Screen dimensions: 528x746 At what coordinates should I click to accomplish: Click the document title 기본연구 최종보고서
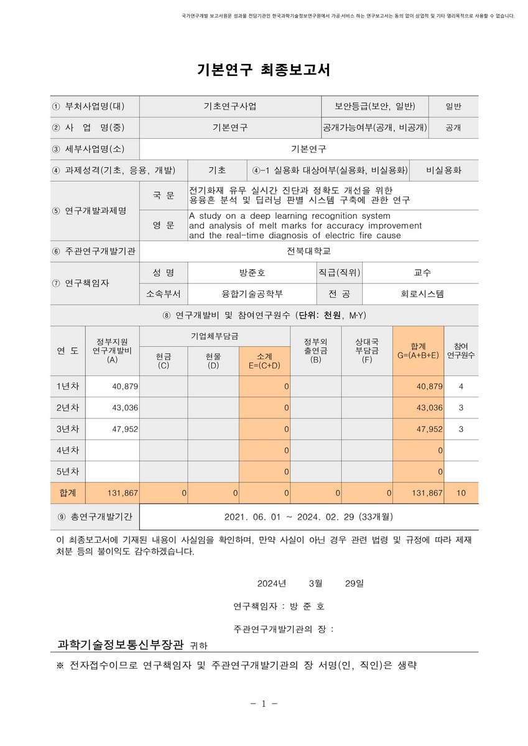pos(263,70)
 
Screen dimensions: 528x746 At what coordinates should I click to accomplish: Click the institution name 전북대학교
pos(309,251)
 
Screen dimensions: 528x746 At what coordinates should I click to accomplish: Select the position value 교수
pos(422,272)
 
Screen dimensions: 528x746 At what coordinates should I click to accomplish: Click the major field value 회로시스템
pos(422,294)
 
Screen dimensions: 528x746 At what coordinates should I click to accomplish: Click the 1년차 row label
pos(68,386)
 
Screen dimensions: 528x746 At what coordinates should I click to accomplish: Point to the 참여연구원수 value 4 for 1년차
pos(461,386)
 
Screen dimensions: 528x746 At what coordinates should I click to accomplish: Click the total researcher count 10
pos(461,492)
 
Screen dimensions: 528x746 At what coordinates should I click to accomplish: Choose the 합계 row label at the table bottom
pos(68,492)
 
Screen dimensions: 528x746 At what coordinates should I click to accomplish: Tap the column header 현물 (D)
pos(213,361)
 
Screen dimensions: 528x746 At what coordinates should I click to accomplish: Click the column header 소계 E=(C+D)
pos(264,361)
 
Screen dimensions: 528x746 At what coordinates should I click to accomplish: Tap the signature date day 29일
pos(354,584)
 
